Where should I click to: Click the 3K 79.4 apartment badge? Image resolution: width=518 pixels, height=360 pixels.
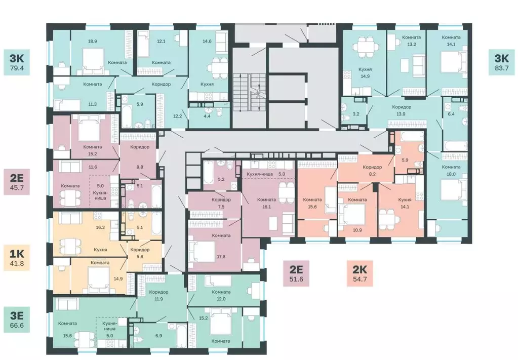point(17,62)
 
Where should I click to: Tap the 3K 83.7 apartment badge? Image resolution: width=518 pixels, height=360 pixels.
point(501,62)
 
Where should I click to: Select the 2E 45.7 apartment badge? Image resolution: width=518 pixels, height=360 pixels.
point(17,182)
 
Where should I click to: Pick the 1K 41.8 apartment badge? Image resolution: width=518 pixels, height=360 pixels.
point(17,258)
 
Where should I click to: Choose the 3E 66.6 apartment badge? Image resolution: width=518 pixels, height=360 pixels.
point(17,319)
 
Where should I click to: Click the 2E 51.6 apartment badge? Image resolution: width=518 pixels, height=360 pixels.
point(296,273)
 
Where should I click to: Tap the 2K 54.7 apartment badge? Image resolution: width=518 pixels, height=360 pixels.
point(360,273)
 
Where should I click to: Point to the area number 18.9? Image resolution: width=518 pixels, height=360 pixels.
point(93,42)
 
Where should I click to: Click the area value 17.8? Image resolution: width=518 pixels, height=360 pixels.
point(221,256)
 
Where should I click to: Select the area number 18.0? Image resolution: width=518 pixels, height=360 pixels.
point(451,174)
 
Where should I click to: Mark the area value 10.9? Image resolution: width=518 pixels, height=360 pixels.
point(357,230)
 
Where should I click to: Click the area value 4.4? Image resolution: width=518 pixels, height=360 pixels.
point(207,116)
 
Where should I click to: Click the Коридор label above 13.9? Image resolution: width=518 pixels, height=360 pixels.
point(402,107)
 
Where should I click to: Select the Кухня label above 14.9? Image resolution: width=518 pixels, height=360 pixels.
point(365,69)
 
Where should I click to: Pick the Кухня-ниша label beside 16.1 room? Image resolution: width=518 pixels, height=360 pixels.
point(260,174)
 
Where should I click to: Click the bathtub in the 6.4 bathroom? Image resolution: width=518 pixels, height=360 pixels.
point(456,146)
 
